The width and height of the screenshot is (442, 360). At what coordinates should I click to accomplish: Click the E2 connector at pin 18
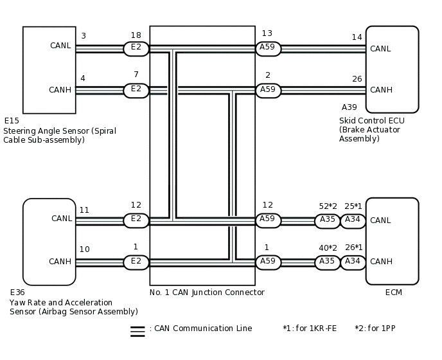click(x=136, y=49)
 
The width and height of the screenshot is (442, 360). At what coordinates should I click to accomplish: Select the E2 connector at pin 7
click(x=136, y=90)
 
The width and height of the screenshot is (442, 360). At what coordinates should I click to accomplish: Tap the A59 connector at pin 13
click(x=269, y=49)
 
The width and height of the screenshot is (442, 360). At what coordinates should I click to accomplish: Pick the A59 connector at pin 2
click(x=269, y=90)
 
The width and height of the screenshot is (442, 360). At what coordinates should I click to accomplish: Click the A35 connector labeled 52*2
click(x=328, y=221)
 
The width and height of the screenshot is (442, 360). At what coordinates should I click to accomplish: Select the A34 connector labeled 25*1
click(x=353, y=221)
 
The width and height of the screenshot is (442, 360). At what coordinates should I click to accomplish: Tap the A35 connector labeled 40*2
click(x=328, y=262)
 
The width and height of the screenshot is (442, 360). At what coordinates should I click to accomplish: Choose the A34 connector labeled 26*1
click(x=353, y=262)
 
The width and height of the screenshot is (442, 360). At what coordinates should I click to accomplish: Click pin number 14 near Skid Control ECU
click(x=357, y=38)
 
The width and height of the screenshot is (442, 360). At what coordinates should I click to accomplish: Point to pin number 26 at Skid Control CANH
click(x=357, y=79)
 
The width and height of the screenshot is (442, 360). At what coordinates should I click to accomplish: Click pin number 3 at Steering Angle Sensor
click(x=83, y=36)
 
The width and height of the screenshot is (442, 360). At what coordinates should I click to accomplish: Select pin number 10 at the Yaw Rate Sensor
click(x=84, y=249)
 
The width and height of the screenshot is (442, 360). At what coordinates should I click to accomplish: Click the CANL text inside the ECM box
click(x=380, y=221)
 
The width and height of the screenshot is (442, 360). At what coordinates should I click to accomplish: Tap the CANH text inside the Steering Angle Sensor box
click(x=60, y=90)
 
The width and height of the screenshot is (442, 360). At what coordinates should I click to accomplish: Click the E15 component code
click(x=12, y=121)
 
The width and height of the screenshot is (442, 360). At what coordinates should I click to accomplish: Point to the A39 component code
click(x=349, y=107)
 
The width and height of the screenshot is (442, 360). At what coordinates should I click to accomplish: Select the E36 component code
click(x=17, y=292)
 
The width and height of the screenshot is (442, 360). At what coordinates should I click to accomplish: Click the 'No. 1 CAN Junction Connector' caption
click(x=207, y=292)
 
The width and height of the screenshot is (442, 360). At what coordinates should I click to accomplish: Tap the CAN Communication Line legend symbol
click(x=137, y=331)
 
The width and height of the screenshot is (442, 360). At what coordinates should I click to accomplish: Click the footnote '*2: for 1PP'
click(x=375, y=328)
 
